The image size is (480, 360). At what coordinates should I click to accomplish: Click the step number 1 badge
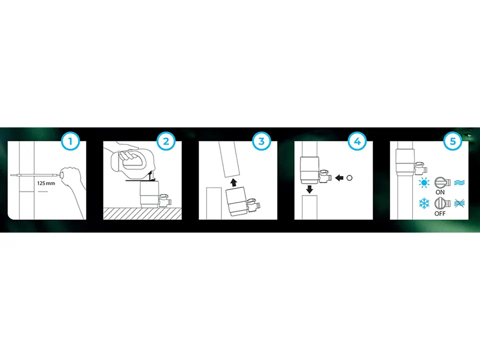coord(70,141)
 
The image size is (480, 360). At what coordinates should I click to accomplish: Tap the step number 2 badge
coord(166,141)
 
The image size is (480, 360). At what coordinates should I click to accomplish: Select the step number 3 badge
coord(261,141)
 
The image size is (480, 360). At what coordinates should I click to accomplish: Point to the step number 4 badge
coord(357,141)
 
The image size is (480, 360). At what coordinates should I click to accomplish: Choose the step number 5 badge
coord(452,141)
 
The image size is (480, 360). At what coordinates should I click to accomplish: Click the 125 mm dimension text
coord(46,183)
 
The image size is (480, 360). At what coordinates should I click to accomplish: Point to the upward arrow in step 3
coord(234,182)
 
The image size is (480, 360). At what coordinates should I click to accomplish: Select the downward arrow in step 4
coord(309,189)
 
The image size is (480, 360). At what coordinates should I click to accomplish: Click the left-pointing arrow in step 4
coord(339,178)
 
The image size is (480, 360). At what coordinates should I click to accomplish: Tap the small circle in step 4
coord(349,178)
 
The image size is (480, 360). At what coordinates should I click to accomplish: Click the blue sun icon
coord(424,183)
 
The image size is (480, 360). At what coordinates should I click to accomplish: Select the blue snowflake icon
coord(424,203)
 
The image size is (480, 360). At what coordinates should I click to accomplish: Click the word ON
coord(440,192)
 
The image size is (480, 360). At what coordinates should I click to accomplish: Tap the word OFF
coord(440,213)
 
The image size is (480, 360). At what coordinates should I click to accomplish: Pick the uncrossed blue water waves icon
coord(459,183)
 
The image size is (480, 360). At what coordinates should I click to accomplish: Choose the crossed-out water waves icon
coord(459,203)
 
